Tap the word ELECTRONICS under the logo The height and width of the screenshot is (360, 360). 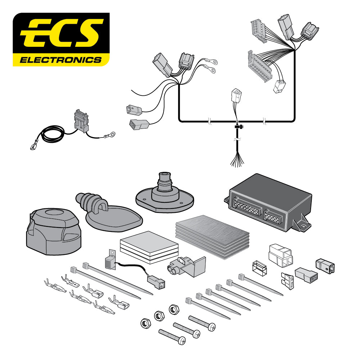click(61, 59)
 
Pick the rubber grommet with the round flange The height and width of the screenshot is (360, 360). click(165, 194)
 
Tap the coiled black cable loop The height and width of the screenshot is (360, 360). click(52, 135)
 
